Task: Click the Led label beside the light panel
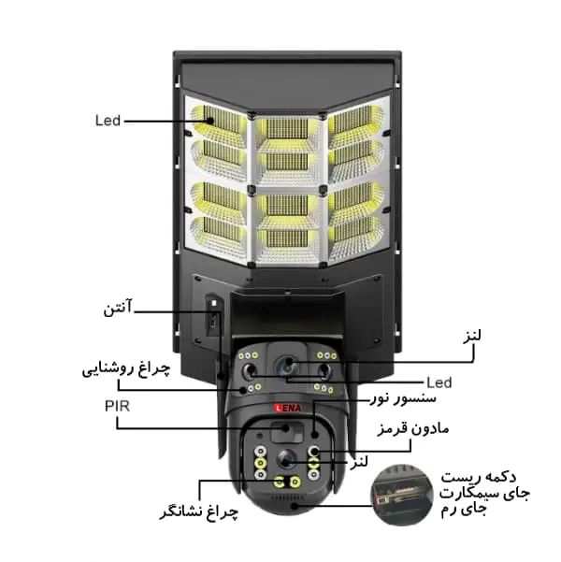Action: (108, 121)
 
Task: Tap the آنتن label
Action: (118, 308)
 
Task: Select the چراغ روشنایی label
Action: (126, 369)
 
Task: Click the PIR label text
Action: (117, 406)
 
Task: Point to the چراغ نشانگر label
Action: (198, 512)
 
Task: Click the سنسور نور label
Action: (403, 397)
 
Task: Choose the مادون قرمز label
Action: (412, 428)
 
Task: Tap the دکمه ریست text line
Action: (479, 477)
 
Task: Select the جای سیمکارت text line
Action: (484, 494)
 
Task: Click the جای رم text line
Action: (463, 510)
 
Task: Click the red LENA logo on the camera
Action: (287, 408)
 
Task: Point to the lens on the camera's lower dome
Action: (286, 459)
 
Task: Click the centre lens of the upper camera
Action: (286, 366)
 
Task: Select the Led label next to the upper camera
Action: (439, 382)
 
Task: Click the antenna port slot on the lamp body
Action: (213, 315)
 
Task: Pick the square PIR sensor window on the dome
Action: (287, 432)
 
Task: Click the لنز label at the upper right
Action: (472, 337)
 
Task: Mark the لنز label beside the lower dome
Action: (358, 461)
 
